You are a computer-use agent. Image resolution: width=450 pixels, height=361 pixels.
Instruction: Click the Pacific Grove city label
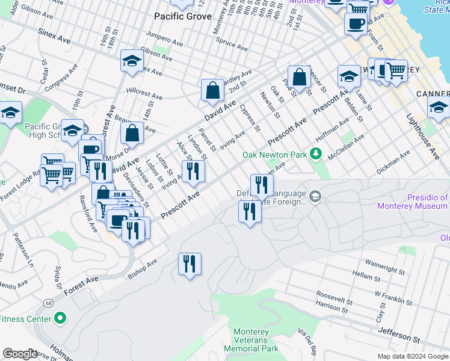[x=183, y=16]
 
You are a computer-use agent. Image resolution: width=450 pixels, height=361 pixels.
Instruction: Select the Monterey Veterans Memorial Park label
[x=256, y=340]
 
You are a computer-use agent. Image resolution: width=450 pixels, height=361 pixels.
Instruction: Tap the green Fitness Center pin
[x=60, y=318]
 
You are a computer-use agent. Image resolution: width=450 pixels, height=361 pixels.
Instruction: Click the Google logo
[x=20, y=354]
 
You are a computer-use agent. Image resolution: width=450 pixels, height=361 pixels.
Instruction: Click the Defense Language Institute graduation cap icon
[x=315, y=197]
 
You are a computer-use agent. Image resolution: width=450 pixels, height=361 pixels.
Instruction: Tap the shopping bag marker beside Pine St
[x=299, y=77]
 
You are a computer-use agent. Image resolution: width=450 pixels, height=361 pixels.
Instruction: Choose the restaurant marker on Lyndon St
[x=193, y=171]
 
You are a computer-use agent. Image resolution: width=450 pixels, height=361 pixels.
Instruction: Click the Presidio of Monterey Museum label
[x=413, y=202]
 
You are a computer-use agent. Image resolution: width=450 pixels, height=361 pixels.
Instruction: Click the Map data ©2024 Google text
[x=412, y=356]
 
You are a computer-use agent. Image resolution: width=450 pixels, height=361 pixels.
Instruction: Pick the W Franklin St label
[x=393, y=297]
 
